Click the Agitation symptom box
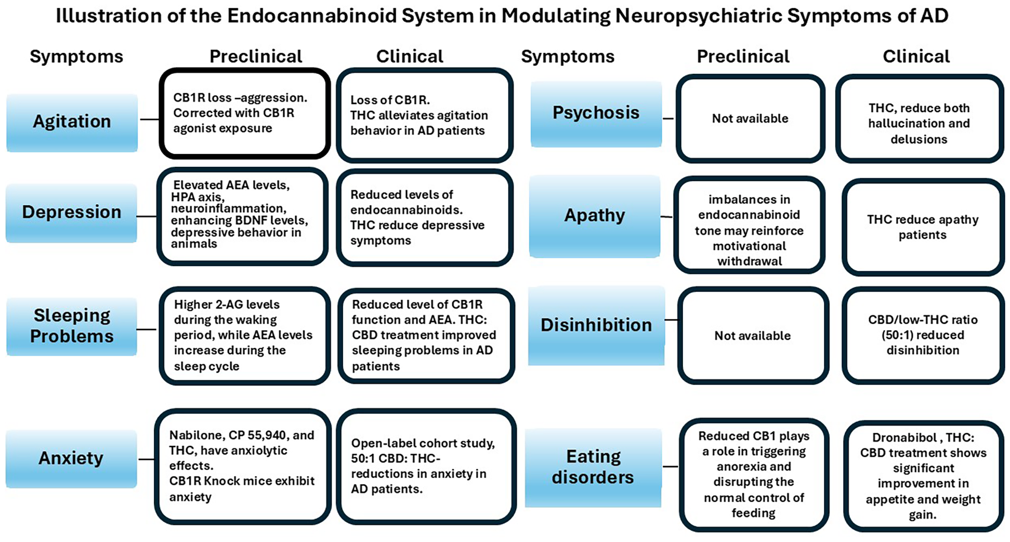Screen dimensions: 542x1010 coord(72,122)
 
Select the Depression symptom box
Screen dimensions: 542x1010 coord(71,213)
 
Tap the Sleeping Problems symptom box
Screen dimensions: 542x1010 coord(71,326)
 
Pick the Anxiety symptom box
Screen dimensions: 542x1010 coord(71,458)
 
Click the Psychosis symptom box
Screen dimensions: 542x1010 coord(596,113)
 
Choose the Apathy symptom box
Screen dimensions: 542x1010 coord(595,216)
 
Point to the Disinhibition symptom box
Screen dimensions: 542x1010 coord(596,325)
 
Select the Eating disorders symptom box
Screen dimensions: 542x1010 coord(593,467)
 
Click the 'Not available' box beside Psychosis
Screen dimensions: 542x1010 coord(750,118)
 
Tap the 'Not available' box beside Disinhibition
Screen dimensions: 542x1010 coord(753,336)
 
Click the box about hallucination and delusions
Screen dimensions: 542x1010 coord(919,124)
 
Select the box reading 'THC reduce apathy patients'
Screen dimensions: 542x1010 coord(923,227)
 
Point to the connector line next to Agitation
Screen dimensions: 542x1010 coord(149,120)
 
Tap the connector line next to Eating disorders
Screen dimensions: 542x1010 coord(670,467)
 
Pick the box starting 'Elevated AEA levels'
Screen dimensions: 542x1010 coord(242,215)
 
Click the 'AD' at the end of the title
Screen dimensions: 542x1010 coord(934,16)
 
